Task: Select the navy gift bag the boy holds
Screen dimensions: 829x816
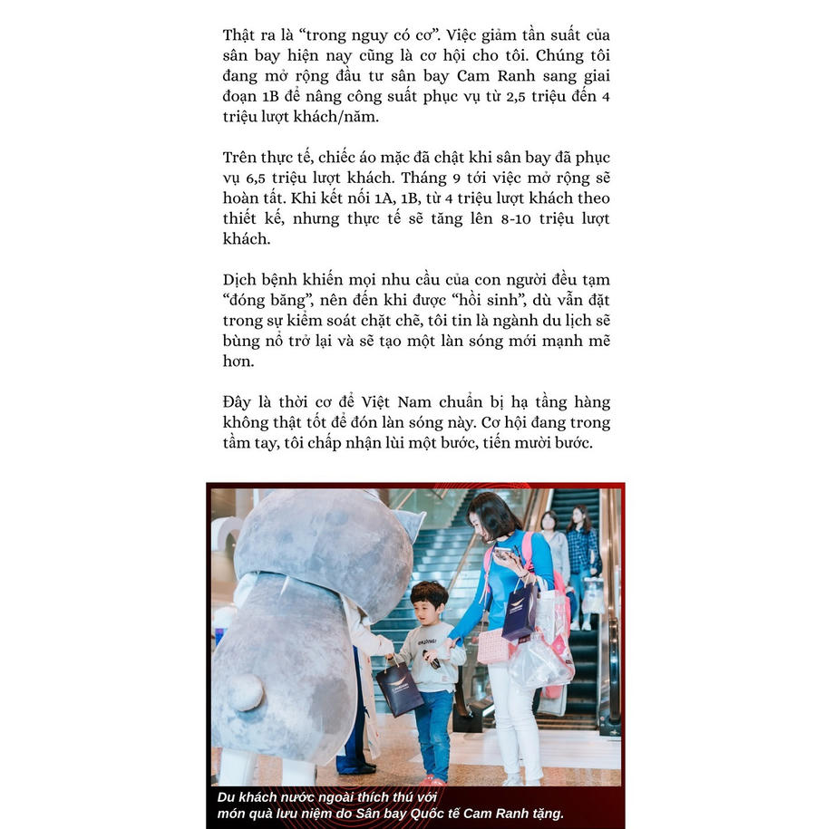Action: [x=399, y=689]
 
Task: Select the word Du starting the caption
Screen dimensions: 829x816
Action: [x=228, y=797]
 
